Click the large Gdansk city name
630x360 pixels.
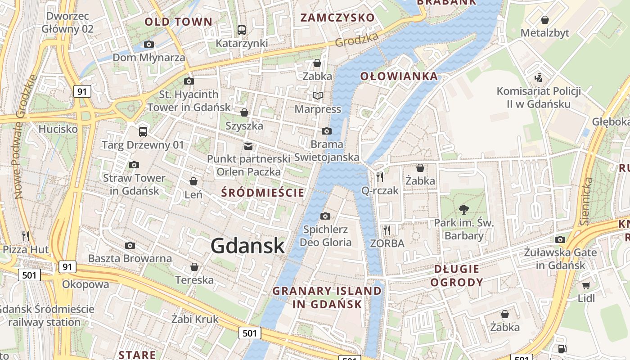247,246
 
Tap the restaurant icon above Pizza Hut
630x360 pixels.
26,235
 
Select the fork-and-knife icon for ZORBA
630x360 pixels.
387,230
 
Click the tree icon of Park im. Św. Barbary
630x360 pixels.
463,209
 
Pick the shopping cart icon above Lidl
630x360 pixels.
586,285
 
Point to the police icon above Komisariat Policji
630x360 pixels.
538,78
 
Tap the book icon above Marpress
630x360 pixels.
318,95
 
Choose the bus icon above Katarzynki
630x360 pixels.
242,30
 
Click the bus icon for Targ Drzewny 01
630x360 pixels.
143,131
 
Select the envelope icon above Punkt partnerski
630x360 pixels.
248,146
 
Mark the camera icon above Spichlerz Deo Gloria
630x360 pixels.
325,216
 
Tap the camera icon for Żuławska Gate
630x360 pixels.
560,239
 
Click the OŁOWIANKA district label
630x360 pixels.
399,76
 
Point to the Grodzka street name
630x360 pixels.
356,40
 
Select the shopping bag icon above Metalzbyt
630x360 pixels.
544,20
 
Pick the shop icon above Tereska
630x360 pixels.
194,267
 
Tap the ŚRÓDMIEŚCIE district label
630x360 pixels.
263,193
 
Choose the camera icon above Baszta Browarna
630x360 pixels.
130,245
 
